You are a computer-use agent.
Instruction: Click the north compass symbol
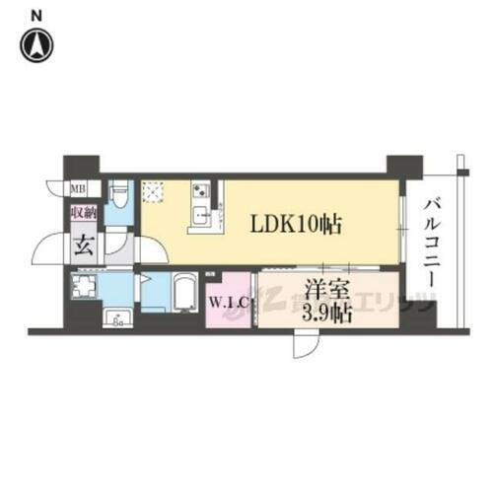coord(38,44)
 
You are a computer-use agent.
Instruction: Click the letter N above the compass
coord(36,13)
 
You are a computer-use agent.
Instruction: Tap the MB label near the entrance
coord(77,187)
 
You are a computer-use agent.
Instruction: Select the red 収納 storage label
coord(82,212)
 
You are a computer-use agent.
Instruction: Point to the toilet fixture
coord(118,194)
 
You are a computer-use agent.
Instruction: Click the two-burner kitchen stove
coord(198,189)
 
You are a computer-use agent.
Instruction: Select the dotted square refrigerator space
coord(154,192)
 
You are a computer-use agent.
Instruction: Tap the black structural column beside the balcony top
coord(403,165)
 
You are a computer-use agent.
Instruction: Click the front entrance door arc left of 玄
coord(49,248)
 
